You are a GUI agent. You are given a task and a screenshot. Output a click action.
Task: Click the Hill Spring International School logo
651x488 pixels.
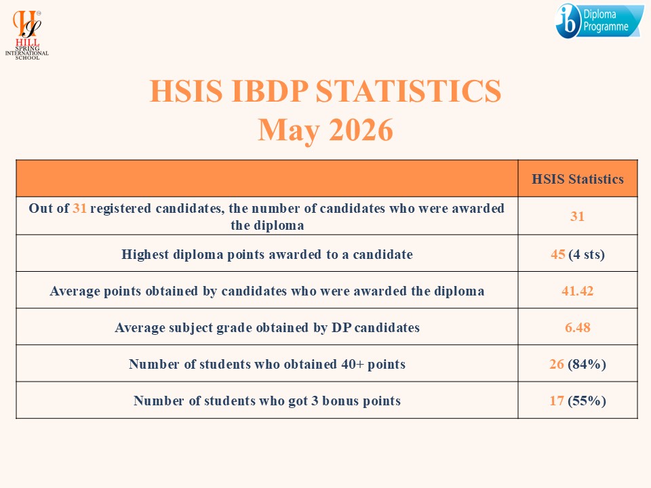(27, 35)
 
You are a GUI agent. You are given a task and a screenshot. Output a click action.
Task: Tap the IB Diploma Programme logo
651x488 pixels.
(599, 21)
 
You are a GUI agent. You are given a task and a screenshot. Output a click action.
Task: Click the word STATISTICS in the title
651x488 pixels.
(408, 91)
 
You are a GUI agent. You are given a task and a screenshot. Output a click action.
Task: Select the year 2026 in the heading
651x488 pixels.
(361, 130)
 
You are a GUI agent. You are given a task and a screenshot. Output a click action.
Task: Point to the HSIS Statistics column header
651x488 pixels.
(578, 179)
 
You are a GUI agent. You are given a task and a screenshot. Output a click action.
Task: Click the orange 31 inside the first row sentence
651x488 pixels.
(80, 208)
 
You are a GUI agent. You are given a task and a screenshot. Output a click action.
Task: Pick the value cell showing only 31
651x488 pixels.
(577, 216)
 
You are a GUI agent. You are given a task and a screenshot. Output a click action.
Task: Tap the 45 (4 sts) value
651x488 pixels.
(578, 254)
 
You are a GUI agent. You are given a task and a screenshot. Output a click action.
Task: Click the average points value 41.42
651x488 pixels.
(577, 291)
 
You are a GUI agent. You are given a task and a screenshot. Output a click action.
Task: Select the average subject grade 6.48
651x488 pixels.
(577, 327)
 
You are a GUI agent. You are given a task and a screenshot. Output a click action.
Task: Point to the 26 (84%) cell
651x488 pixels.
(578, 364)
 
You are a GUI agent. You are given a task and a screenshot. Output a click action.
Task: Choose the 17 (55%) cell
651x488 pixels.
(578, 401)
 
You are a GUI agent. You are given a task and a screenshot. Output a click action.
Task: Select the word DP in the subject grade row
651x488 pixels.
(341, 327)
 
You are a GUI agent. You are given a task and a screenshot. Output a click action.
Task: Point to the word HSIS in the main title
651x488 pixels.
(186, 91)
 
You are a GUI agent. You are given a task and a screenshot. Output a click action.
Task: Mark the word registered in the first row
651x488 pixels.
(121, 209)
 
